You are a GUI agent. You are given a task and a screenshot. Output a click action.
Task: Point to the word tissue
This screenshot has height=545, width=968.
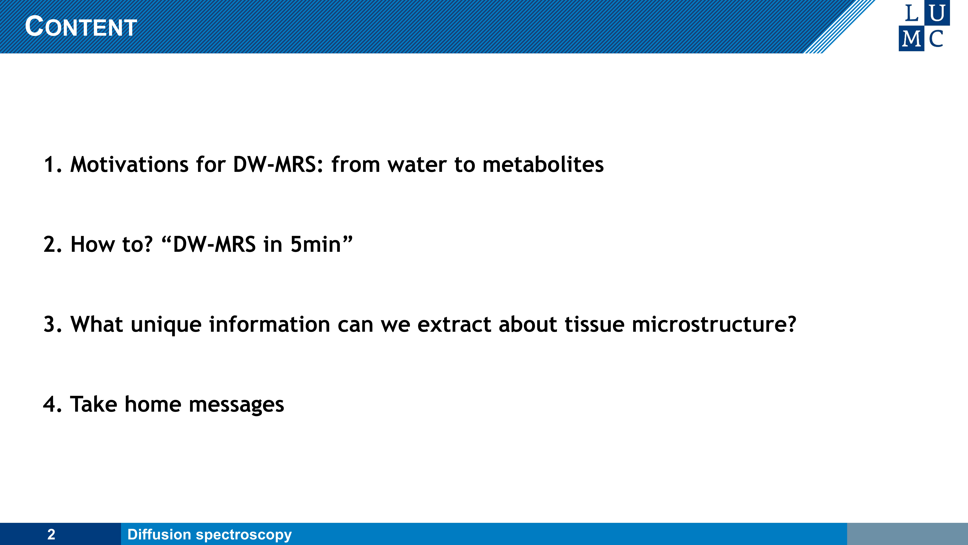pyautogui.click(x=594, y=324)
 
